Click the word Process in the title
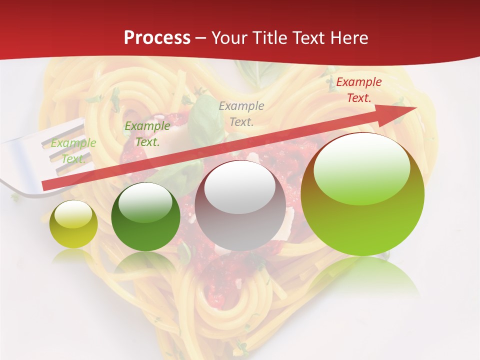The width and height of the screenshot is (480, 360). tap(157, 38)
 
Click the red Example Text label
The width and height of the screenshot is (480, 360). tap(358, 90)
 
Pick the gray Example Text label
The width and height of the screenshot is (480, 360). tap(241, 113)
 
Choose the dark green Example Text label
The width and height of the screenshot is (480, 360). tap(147, 134)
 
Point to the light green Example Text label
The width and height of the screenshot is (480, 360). tap(73, 150)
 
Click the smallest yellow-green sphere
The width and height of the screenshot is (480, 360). tap(73, 224)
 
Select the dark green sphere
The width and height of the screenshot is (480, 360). tap(145, 216)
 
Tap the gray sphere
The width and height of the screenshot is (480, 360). tap(240, 205)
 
